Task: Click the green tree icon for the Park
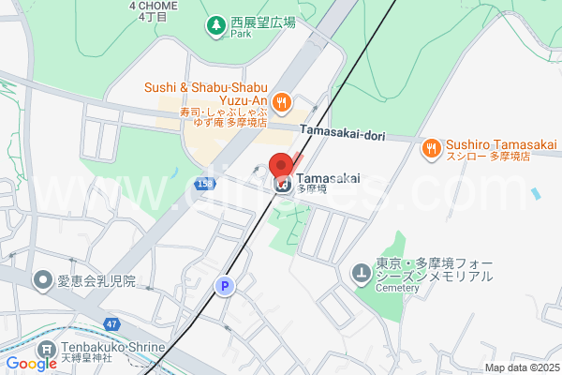point(215,25)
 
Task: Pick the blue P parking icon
point(223,287)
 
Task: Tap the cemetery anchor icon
point(361,275)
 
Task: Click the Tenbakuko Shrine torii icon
point(45,352)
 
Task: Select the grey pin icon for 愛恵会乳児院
point(42,279)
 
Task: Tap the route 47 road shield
point(111,323)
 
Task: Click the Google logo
point(31,364)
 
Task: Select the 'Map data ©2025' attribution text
point(521,367)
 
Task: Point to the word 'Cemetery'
point(398,289)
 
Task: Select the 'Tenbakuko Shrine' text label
point(113,347)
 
